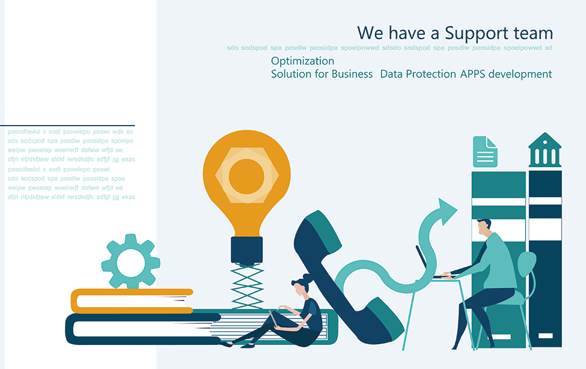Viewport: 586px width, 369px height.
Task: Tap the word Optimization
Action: pos(302,61)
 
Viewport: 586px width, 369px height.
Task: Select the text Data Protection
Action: pos(418,74)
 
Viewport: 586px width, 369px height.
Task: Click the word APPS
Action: pos(472,74)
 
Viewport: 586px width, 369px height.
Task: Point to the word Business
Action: pos(352,74)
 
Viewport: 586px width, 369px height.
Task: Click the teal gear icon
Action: pos(131,261)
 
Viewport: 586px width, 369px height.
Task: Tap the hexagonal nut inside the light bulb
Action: pos(246,175)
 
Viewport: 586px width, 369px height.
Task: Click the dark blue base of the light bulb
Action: pos(246,250)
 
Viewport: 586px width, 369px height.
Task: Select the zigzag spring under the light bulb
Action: pos(247,286)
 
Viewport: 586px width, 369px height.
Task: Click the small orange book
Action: pos(132,301)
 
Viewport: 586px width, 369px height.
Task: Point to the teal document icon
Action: pos(485,151)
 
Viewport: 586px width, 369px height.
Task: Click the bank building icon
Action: pos(545,150)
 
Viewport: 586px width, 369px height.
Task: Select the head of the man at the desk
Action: pos(484,227)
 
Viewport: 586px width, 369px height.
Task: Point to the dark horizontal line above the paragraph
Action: pos(67,126)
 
